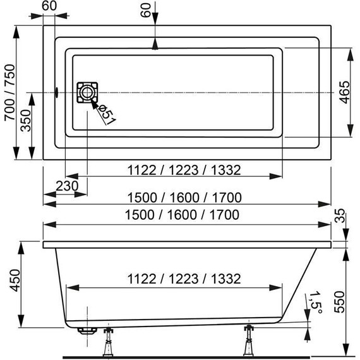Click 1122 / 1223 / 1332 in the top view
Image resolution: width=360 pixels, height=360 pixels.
(x=175, y=169)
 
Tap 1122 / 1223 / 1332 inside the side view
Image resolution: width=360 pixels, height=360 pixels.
(x=175, y=278)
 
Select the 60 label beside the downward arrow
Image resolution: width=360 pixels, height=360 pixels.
(x=147, y=11)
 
